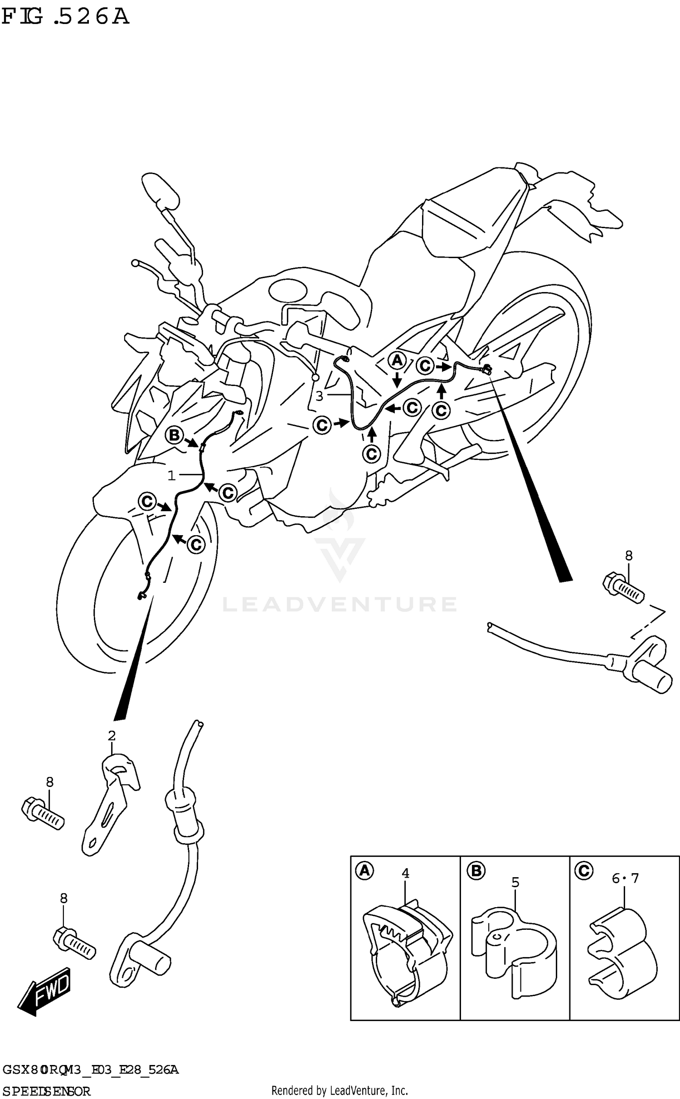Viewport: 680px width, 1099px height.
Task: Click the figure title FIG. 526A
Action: coord(65,17)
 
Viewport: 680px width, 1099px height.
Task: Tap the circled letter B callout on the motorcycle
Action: coord(174,435)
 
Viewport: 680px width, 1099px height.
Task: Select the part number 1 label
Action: coord(171,475)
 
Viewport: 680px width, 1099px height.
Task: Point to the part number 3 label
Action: coord(319,396)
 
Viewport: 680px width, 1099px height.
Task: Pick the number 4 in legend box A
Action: coord(405,873)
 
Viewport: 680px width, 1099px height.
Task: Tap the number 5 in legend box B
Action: coord(515,882)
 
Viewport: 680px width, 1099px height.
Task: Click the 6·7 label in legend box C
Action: coord(625,878)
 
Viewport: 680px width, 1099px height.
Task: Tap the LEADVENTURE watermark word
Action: coord(340,604)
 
